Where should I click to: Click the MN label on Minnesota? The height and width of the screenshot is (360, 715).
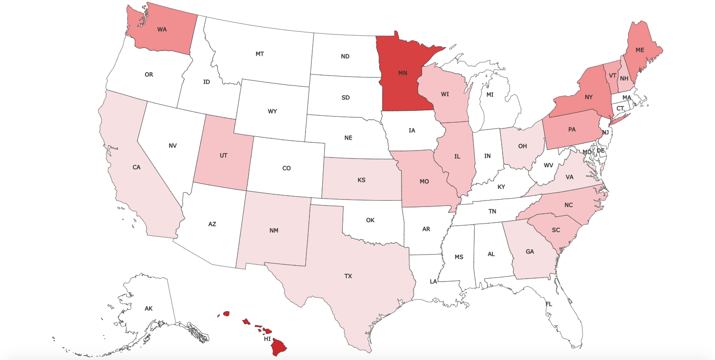pos(403,73)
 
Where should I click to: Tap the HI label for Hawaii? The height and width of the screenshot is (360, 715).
pos(267,339)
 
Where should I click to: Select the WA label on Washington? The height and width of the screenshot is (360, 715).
pos(162,29)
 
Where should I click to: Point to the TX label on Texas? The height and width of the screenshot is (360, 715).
pos(348,276)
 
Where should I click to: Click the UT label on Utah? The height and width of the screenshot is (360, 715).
pos(223,155)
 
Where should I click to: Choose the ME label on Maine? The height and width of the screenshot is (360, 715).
pos(639,50)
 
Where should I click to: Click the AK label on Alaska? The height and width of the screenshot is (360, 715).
pos(149,309)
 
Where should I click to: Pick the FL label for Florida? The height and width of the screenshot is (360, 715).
pos(549,304)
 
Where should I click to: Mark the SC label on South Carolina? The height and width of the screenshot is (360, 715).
pos(556,230)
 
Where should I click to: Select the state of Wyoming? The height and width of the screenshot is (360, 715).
pos(272,111)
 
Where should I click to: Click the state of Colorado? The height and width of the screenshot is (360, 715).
pos(286,168)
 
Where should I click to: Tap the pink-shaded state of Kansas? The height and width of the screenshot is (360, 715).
pos(361,180)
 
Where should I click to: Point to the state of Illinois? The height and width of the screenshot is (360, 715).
pos(457,157)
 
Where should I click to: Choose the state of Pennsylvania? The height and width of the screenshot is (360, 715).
pos(572,130)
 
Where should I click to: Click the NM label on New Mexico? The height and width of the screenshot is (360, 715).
pos(274,231)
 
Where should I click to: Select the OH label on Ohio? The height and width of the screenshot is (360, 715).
pos(522,146)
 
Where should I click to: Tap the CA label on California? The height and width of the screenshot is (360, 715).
pos(136,167)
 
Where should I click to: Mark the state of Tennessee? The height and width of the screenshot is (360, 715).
pos(492,211)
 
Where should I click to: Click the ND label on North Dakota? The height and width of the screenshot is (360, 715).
pos(345,56)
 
